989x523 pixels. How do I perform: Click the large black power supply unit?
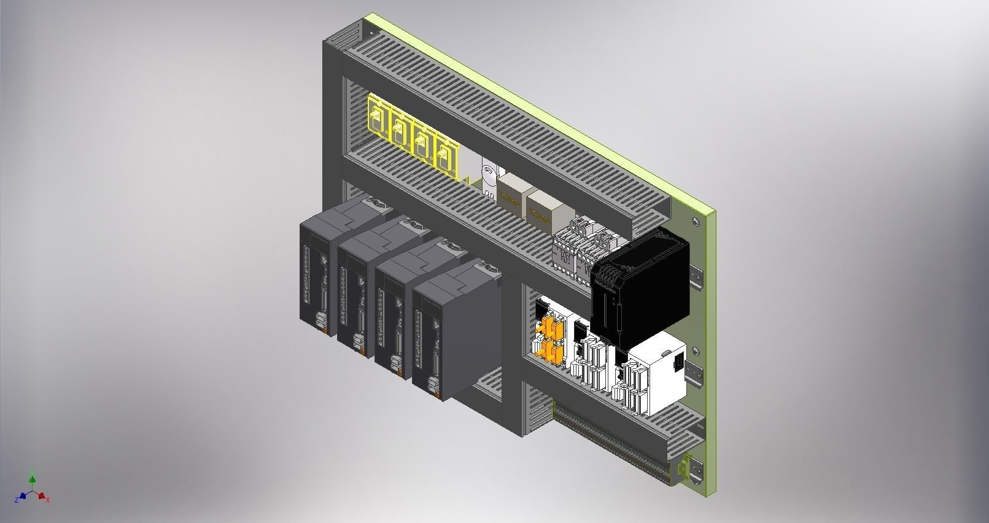(638, 282)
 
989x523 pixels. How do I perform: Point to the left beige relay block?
(511, 195)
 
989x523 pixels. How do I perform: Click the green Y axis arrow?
(32, 478)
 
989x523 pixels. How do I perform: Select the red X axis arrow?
(42, 495)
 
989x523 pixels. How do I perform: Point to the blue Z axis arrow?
(23, 495)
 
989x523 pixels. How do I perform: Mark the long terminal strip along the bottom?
(608, 442)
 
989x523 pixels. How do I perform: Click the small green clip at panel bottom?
(680, 469)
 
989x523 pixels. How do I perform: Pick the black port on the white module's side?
(678, 363)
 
